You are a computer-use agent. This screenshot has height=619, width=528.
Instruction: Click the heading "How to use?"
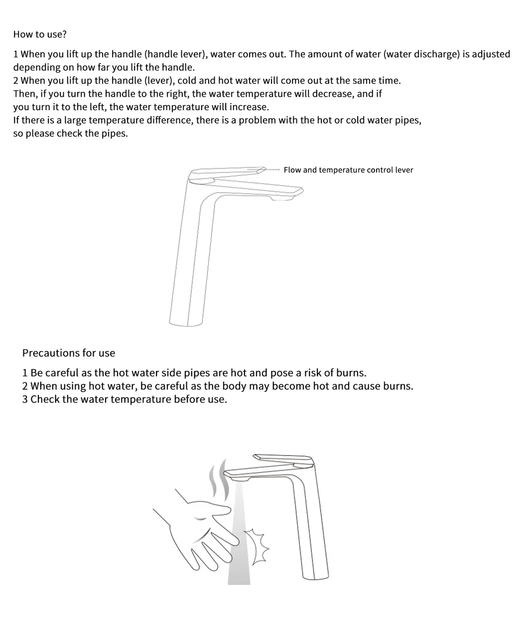pyautogui.click(x=40, y=34)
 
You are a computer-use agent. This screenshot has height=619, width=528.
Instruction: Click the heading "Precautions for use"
pyautogui.click(x=68, y=353)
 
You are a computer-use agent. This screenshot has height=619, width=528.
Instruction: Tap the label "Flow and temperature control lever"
pyautogui.click(x=348, y=170)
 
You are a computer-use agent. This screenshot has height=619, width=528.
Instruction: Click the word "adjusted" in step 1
pyautogui.click(x=491, y=54)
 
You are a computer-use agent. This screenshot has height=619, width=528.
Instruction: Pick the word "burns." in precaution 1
pyautogui.click(x=351, y=373)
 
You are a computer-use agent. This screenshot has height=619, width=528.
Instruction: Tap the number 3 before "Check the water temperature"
pyautogui.click(x=25, y=399)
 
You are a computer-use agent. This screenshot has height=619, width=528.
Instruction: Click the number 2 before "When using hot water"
pyautogui.click(x=25, y=386)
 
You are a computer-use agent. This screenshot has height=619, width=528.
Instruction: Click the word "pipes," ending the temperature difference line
pyautogui.click(x=407, y=120)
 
